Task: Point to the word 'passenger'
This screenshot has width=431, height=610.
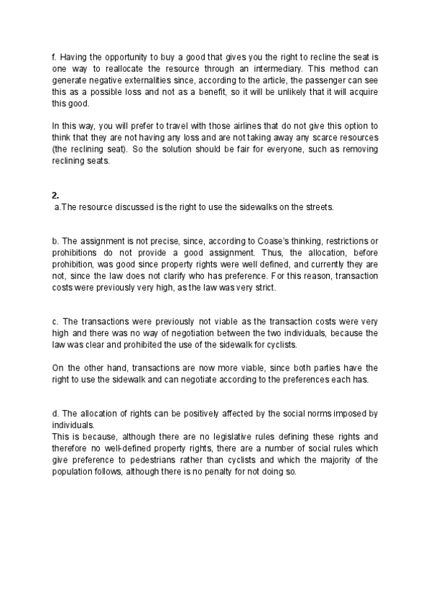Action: pos(282,78)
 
